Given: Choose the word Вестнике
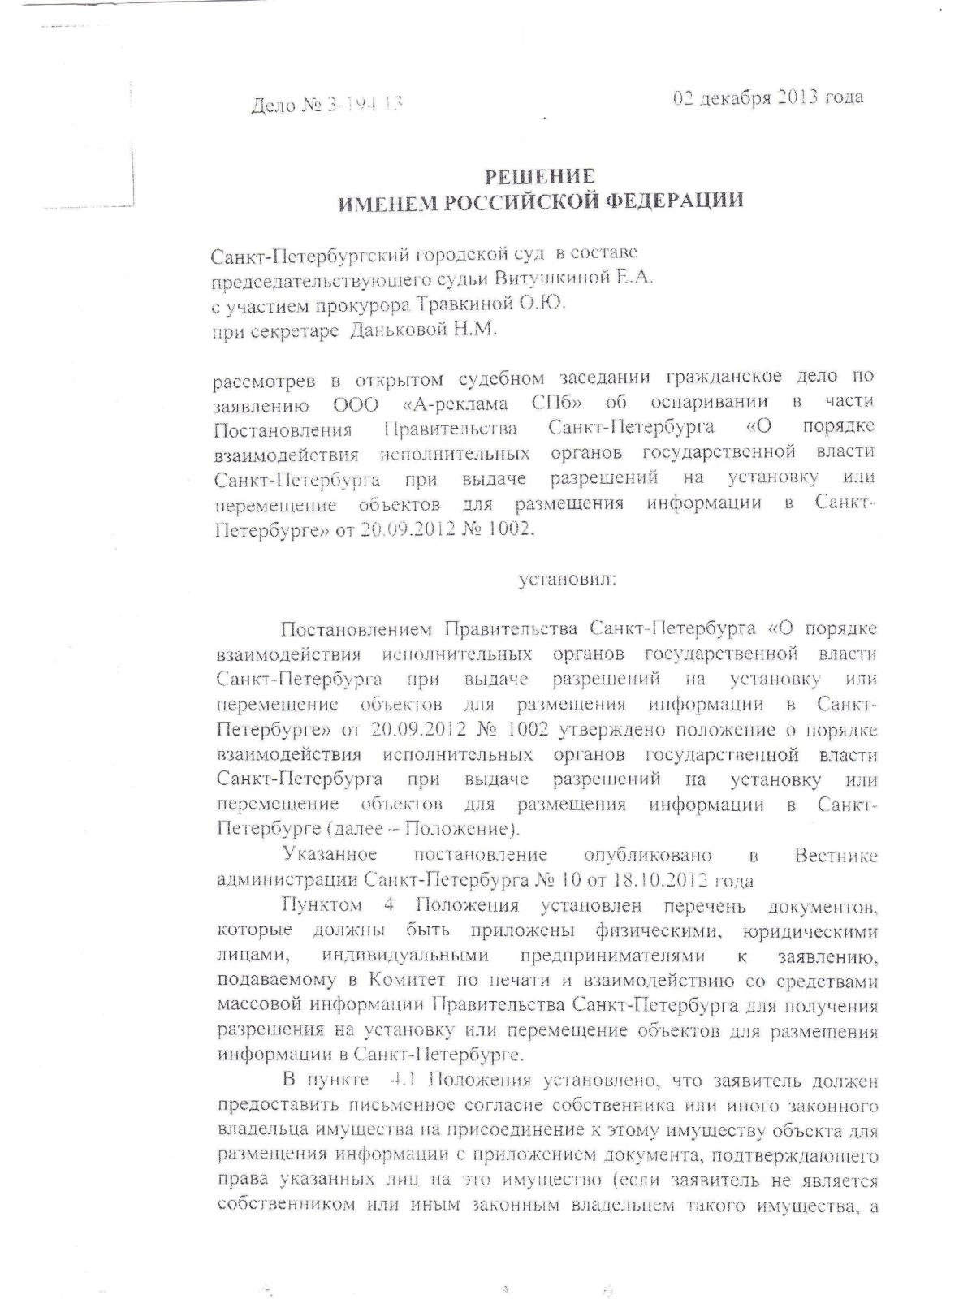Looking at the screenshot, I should click(x=836, y=855).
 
